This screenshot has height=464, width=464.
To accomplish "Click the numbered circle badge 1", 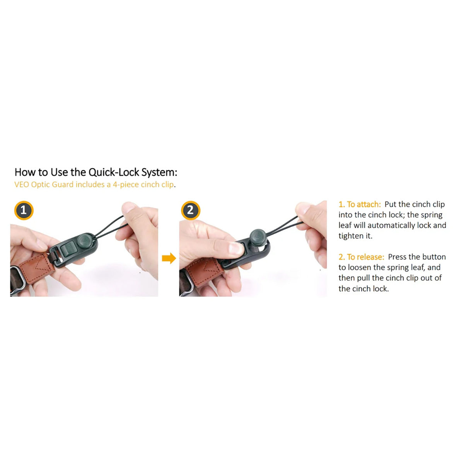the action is tap(24, 210).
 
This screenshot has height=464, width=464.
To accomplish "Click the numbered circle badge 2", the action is tap(191, 210).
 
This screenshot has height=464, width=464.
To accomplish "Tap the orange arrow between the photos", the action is tap(169, 258).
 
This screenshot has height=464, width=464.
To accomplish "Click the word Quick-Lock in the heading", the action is tap(114, 172).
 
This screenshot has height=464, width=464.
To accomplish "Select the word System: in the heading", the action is tap(159, 172).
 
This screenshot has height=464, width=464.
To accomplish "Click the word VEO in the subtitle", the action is tap(22, 184).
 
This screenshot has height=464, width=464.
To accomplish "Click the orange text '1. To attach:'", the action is tap(360, 204).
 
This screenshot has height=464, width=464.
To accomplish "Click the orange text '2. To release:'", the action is tap(361, 257).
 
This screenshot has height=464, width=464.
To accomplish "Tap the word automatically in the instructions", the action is tap(391, 225).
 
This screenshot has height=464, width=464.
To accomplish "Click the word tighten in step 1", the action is tap(351, 236).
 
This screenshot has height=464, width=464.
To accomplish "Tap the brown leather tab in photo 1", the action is tap(36, 268).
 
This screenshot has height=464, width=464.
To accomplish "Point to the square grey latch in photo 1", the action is tap(68, 249).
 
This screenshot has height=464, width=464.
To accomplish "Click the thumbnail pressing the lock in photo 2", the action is tap(236, 249).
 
